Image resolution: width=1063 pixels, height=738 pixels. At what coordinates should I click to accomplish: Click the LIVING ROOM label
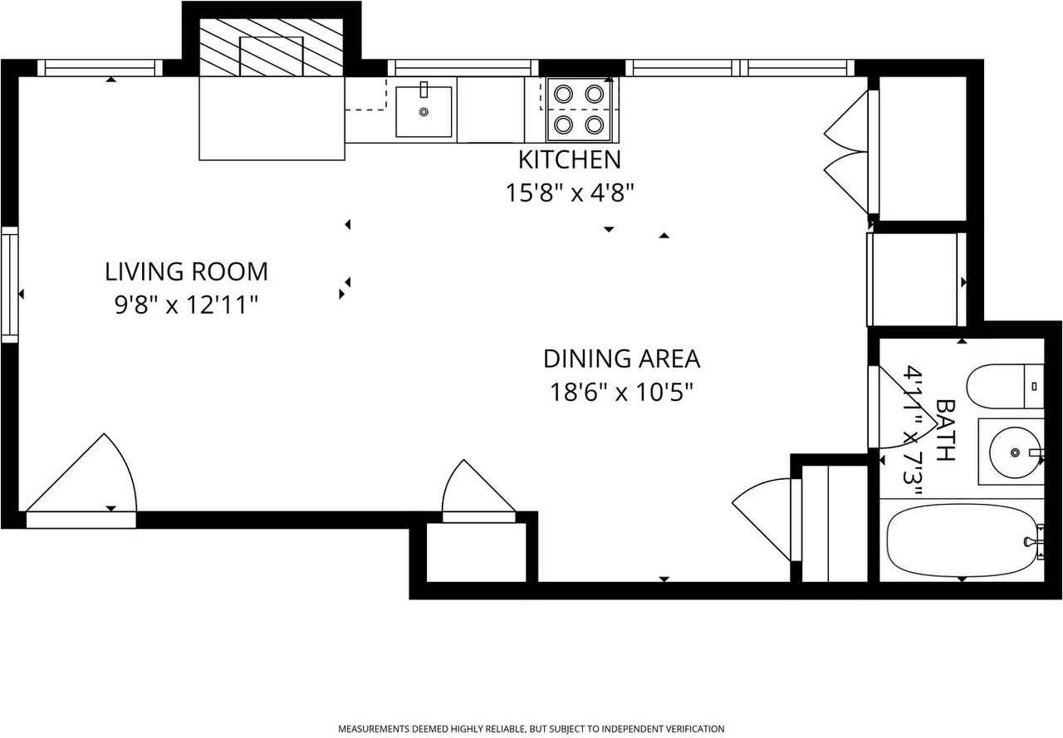pos(186,271)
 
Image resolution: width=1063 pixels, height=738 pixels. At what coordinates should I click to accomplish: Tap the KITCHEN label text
pos(569,159)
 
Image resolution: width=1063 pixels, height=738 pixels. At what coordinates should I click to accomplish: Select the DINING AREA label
pos(621,359)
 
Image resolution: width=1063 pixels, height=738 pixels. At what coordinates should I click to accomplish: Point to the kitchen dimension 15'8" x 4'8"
pos(570,193)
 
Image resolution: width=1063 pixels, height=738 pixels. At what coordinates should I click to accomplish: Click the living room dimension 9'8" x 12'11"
pos(186,305)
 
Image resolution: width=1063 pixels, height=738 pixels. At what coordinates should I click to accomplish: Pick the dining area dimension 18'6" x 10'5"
pos(621,392)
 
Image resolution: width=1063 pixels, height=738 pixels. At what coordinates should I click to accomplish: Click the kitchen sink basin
pos(424,111)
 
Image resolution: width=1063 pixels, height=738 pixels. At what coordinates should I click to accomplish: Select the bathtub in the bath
pos(959,540)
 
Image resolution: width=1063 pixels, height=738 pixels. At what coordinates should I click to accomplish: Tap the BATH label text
pos(945,429)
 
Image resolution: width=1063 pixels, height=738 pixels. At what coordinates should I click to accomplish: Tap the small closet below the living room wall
pos(476,552)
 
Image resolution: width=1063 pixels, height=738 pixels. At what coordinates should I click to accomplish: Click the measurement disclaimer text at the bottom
pos(531,729)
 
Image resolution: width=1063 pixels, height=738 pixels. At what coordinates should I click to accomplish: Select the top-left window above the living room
pos(100,68)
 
